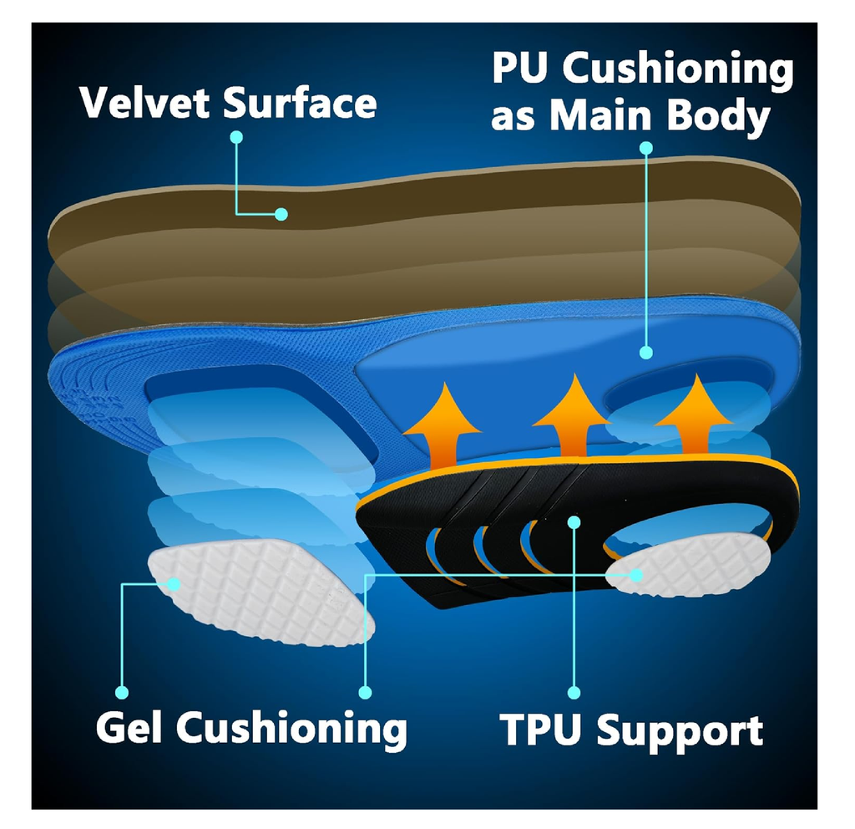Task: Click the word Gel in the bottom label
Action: click(x=132, y=728)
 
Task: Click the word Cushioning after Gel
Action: click(x=291, y=728)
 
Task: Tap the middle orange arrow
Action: click(x=570, y=410)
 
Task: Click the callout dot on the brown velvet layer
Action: click(x=281, y=214)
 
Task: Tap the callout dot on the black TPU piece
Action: click(x=574, y=521)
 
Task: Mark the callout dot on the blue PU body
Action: click(x=645, y=353)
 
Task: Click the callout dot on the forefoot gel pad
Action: click(x=175, y=584)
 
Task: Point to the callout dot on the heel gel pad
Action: click(x=637, y=575)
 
